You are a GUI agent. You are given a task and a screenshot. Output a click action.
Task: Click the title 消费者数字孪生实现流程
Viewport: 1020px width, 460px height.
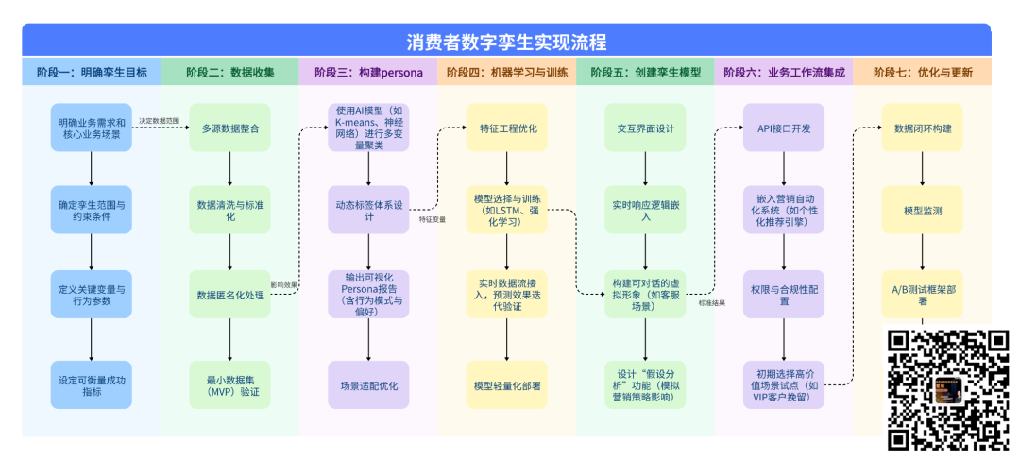point(506,43)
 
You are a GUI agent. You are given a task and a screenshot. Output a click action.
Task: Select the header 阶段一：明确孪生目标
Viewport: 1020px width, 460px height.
point(92,73)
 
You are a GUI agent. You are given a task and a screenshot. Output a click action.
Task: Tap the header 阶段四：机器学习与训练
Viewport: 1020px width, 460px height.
point(506,73)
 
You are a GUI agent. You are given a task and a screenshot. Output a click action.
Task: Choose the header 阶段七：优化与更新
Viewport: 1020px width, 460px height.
point(922,73)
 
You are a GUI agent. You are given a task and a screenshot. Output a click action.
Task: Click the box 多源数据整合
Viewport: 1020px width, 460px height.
point(230,128)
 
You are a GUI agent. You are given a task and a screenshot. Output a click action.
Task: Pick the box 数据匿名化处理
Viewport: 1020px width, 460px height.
point(230,295)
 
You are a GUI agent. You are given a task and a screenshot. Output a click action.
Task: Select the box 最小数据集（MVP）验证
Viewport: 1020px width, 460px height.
point(230,384)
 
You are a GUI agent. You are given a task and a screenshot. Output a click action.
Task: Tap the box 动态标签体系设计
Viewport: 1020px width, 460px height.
point(368,210)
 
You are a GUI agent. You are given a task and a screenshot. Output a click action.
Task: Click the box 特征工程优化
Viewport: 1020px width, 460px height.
point(507,128)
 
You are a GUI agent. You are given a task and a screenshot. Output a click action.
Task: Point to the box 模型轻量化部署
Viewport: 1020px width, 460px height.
point(507,385)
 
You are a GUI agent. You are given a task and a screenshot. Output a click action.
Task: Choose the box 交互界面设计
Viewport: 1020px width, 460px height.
point(646,128)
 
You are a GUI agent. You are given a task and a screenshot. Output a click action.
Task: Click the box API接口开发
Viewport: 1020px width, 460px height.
point(784,128)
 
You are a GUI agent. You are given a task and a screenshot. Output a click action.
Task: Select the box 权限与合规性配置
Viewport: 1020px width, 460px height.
point(784,295)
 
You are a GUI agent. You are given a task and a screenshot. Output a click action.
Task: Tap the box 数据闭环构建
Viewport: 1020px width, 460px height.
point(922,128)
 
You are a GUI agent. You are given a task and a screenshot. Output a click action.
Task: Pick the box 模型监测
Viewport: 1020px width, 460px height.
point(922,210)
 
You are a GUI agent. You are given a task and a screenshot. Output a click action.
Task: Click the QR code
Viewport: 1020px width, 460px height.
point(947,389)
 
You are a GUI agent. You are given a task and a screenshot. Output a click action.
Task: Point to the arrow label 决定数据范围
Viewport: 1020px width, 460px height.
point(157,120)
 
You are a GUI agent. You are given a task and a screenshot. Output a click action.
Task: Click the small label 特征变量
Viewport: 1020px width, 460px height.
point(433,219)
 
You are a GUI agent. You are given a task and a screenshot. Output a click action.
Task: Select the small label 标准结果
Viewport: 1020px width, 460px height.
point(711,302)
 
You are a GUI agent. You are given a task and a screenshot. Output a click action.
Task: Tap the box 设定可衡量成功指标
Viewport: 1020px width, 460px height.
point(92,384)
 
